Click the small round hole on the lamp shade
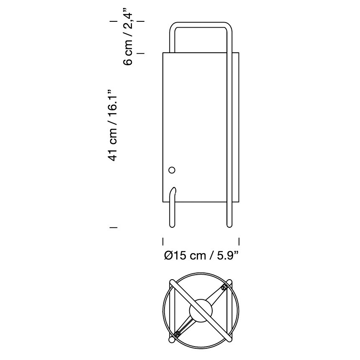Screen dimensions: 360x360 pyautogui.click(x=171, y=170)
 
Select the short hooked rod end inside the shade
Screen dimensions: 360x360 pyautogui.click(x=172, y=193)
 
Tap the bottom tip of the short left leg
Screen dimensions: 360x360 pyautogui.click(x=172, y=226)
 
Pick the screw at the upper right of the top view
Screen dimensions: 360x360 pyautogui.click(x=224, y=288)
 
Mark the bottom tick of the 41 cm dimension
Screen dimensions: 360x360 pyautogui.click(x=113, y=227)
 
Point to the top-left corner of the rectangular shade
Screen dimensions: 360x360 pyautogui.click(x=163, y=53)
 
